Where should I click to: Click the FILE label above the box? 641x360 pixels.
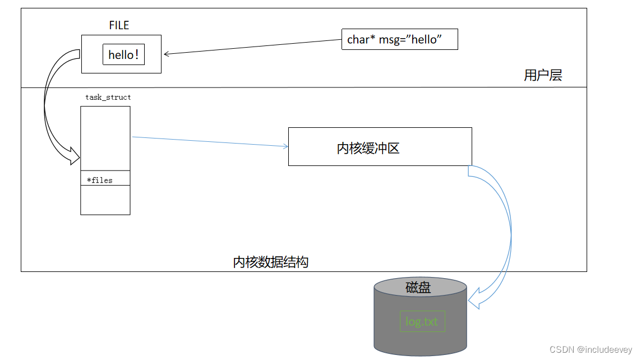pos(119,25)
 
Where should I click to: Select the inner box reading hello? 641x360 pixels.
pos(123,54)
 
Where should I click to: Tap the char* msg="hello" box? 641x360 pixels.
pos(399,39)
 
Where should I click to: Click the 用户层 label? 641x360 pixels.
pos(543,75)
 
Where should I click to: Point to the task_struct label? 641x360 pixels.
pos(108,98)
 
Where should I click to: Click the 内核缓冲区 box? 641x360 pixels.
pos(380,146)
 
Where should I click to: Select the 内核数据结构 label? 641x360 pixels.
pos(270,262)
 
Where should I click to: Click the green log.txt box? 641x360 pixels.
pos(422,321)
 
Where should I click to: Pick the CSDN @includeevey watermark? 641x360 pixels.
pos(591,349)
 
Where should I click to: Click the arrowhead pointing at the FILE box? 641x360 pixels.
pos(167,54)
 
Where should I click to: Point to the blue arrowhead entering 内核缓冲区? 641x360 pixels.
pos(285,146)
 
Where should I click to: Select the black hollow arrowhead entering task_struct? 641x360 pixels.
pos(75,155)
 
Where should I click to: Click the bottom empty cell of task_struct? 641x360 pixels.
pos(105,200)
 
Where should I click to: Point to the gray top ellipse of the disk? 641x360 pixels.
pos(420,283)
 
